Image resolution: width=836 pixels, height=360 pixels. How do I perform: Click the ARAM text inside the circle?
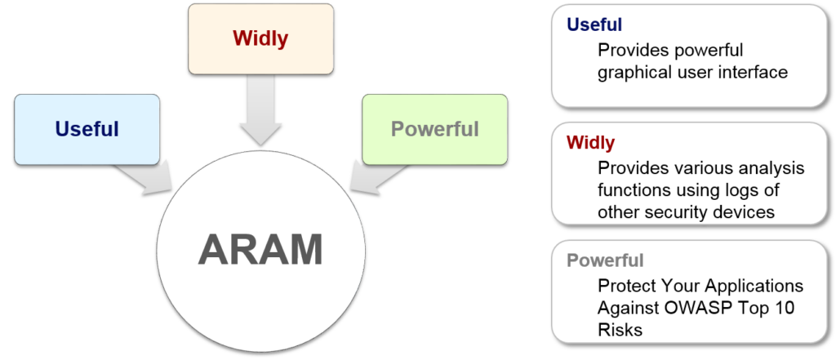(259, 249)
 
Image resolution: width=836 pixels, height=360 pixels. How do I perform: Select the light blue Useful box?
(87, 129)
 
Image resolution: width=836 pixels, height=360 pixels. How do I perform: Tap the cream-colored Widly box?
(260, 38)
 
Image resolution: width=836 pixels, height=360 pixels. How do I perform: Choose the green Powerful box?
(434, 128)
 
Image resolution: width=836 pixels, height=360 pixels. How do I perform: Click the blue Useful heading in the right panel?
(594, 25)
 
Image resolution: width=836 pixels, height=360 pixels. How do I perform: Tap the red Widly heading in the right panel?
(590, 143)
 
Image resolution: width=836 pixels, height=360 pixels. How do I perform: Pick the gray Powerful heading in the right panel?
(605, 261)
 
